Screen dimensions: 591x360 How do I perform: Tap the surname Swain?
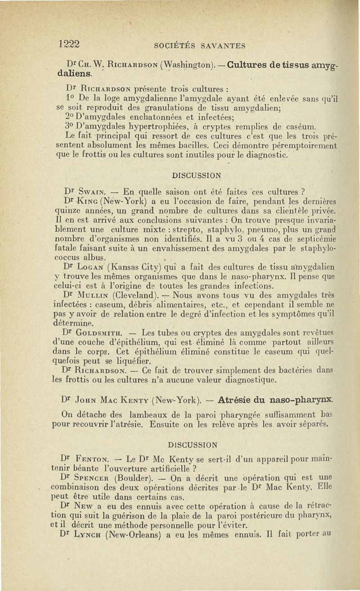point(94,189)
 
